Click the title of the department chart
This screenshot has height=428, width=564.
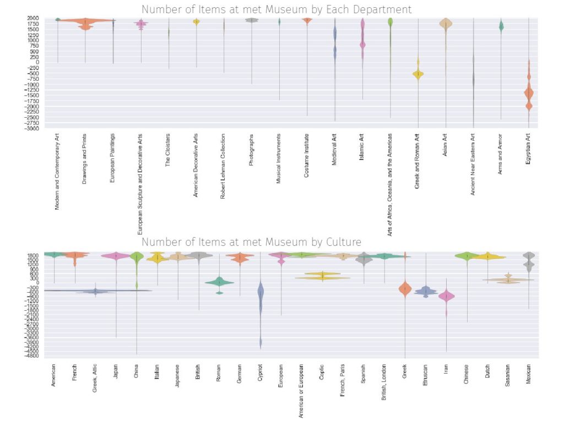coord(276,9)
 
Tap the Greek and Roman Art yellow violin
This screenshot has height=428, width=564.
coord(418,74)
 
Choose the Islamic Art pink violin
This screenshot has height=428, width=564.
coord(362,44)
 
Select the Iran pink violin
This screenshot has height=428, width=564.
coord(446,296)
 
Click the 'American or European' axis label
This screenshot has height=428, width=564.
coord(301,392)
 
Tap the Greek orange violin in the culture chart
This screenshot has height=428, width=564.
coord(405,289)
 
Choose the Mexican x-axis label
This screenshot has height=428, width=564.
coord(528,374)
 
